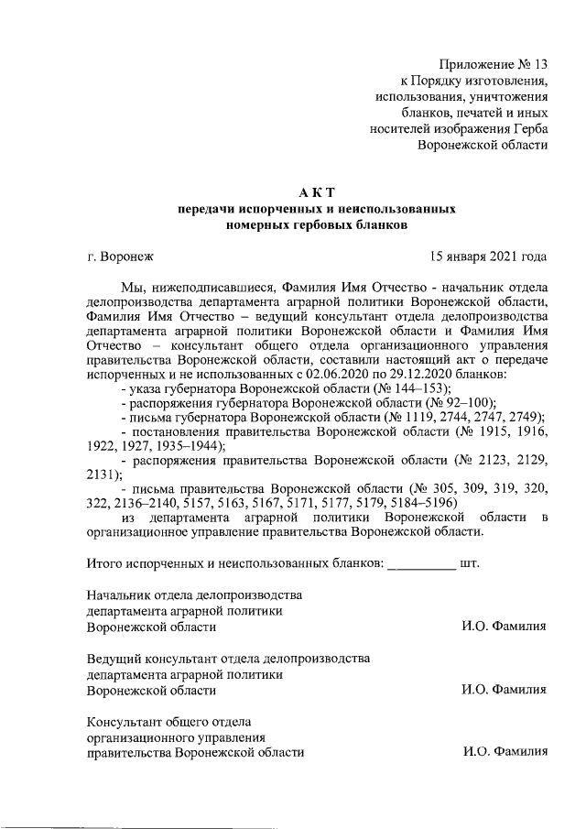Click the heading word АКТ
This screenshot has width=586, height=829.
(317, 191)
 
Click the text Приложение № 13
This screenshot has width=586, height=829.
(493, 64)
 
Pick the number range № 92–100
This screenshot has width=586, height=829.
(440, 403)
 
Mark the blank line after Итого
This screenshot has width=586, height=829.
(421, 562)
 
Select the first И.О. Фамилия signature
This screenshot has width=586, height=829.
(505, 627)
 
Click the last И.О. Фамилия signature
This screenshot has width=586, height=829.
(505, 752)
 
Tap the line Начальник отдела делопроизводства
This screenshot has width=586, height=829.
(194, 594)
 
